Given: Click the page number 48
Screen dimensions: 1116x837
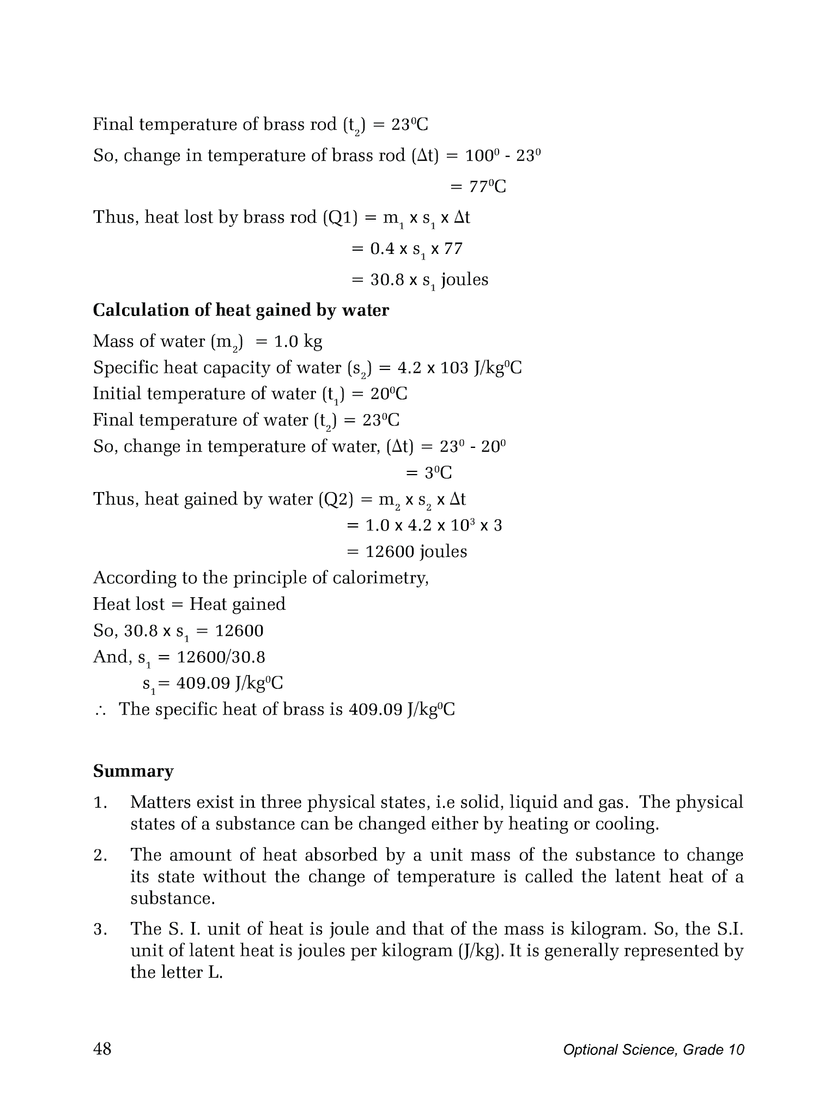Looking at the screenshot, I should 102,1048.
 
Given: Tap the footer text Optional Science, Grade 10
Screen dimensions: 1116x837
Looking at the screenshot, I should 653,1050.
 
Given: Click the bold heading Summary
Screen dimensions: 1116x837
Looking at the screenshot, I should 133,771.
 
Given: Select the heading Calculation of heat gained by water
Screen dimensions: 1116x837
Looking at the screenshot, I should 241,310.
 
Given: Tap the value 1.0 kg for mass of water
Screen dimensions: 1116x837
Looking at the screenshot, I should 298,341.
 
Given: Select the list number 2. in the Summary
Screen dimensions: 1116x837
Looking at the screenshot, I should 100,855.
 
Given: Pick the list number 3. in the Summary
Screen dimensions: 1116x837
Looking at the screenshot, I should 100,929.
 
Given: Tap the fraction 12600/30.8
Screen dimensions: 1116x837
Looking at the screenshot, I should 221,657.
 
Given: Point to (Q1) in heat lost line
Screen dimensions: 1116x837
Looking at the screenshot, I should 341,217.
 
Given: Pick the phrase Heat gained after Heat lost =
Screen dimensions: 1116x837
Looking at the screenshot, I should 237,604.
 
